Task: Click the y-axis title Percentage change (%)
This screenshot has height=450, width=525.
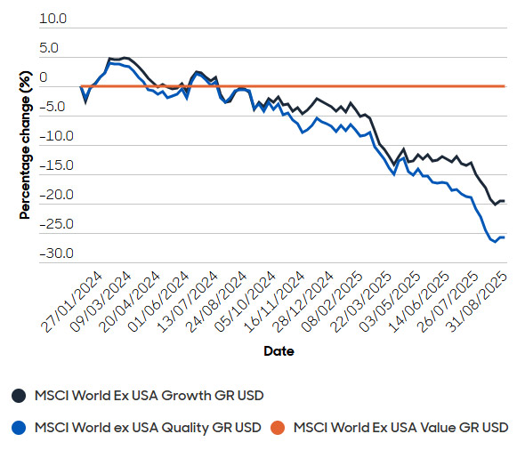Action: click(25, 145)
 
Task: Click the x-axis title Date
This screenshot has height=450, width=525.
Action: click(279, 351)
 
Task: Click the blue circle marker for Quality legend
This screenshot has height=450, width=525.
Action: click(18, 428)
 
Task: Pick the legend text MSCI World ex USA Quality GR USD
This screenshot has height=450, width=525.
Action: click(147, 428)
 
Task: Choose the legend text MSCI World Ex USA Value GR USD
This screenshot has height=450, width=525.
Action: click(400, 428)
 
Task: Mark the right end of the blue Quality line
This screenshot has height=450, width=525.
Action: click(505, 237)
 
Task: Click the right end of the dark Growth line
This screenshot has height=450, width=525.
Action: click(505, 201)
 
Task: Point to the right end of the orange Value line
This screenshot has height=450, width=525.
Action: click(505, 86)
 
